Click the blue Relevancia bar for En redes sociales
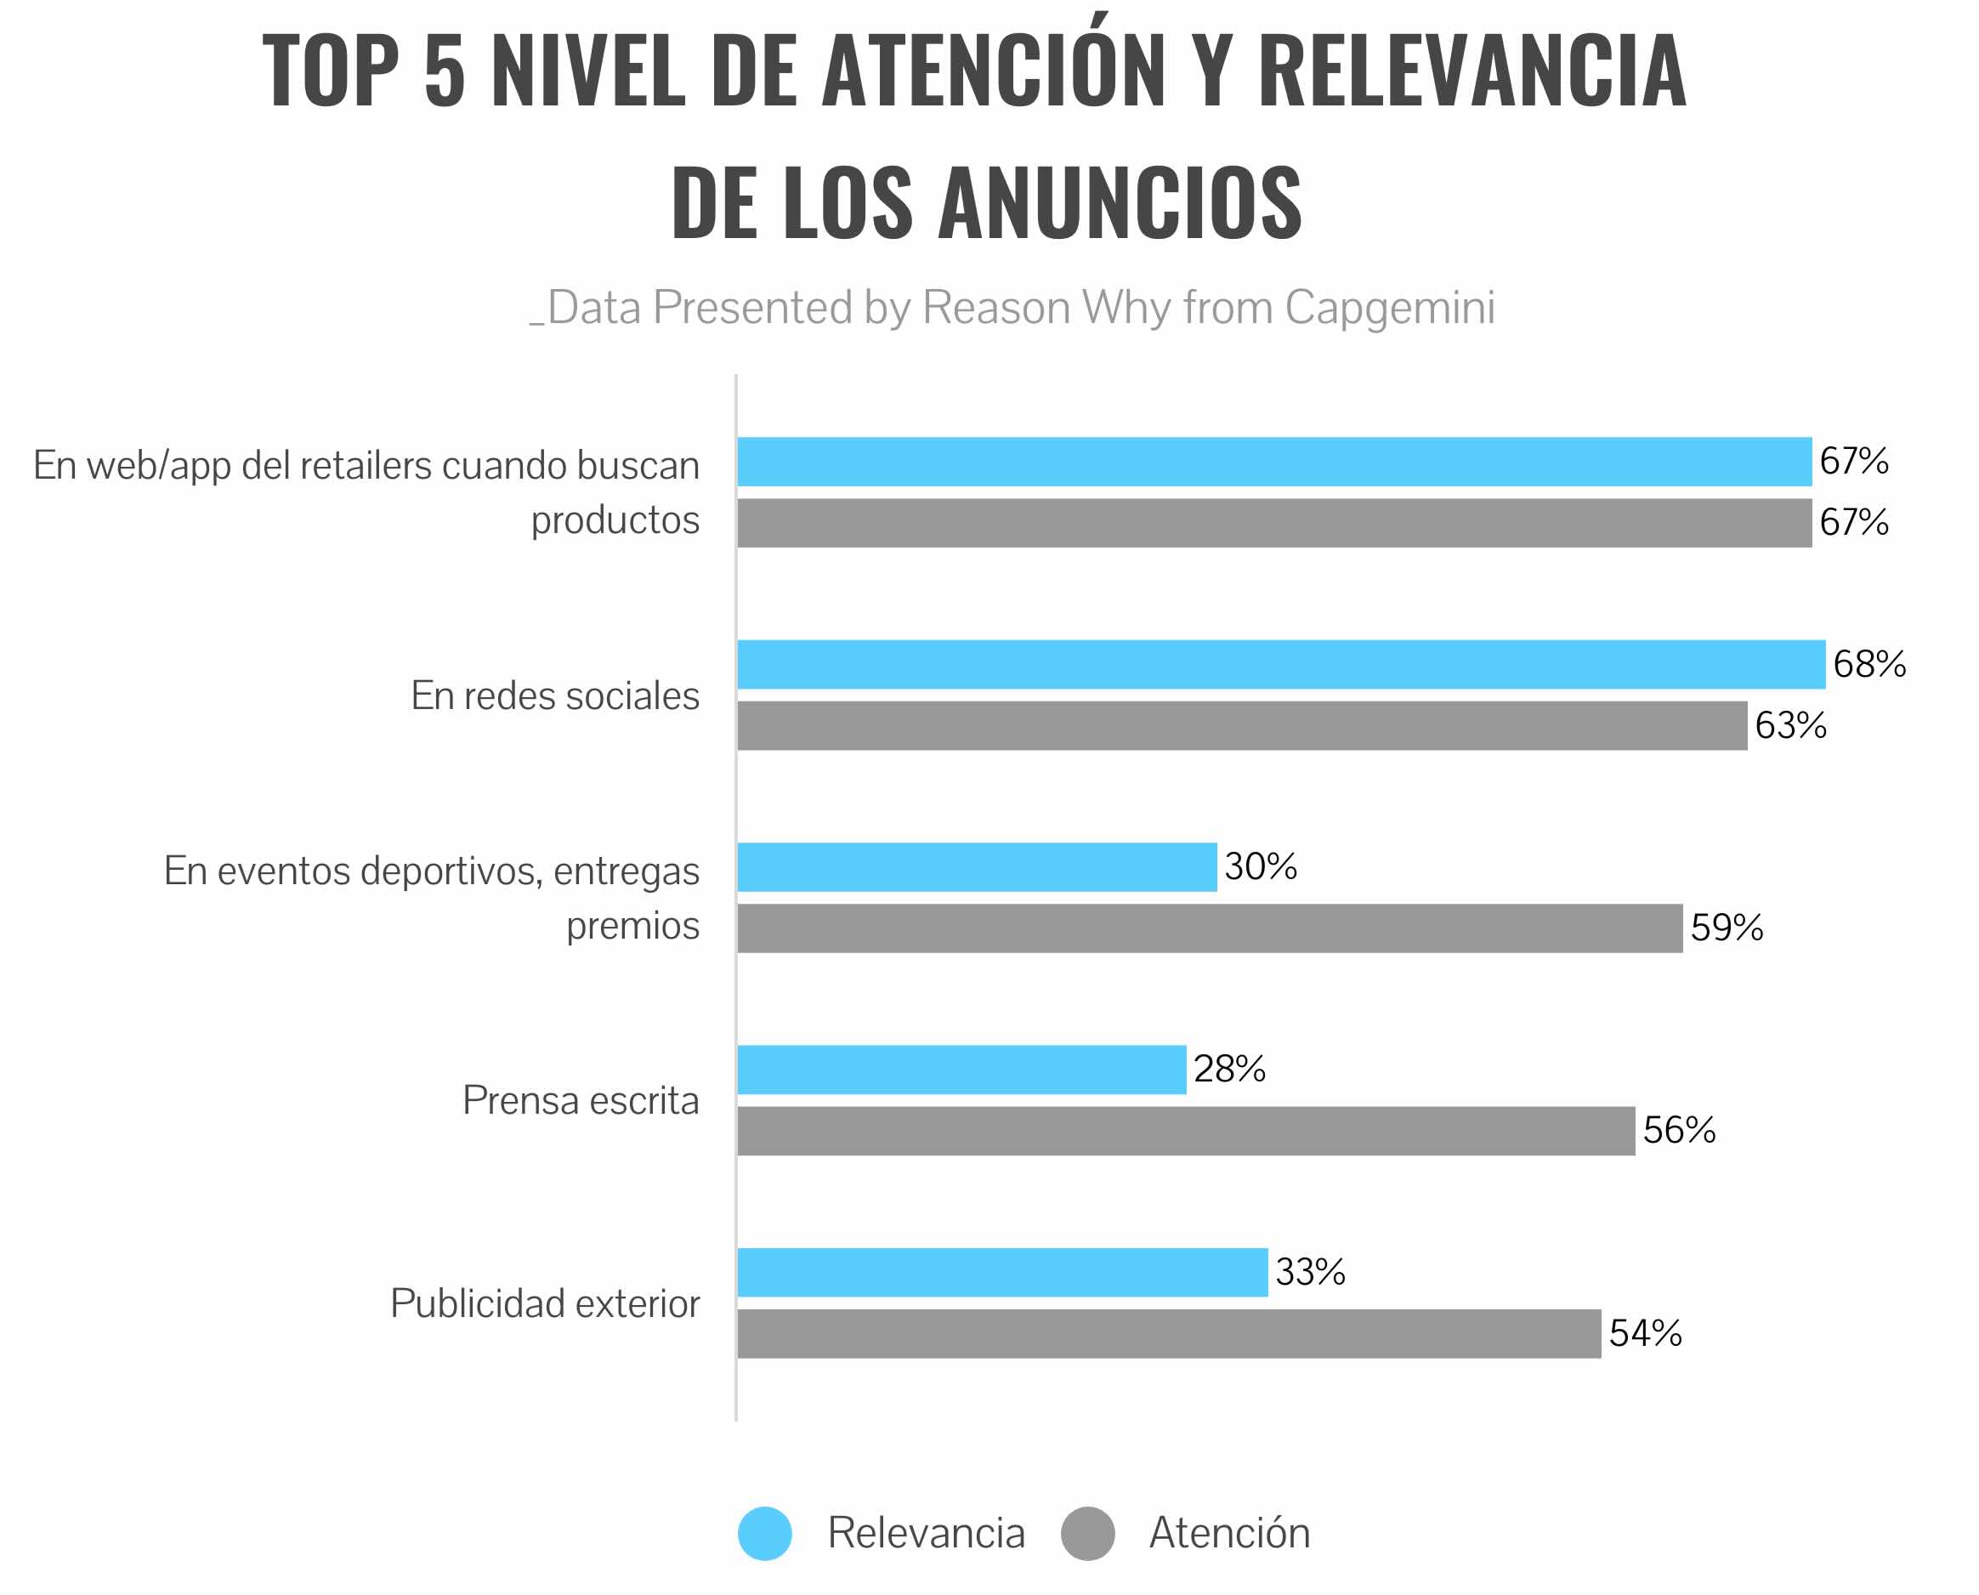tap(1280, 664)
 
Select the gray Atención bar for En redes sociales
tap(1241, 726)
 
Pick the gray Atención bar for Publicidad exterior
tap(1169, 1333)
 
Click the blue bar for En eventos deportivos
tap(977, 866)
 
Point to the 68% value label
tap(1868, 664)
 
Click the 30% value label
tap(1260, 866)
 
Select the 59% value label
tap(1727, 928)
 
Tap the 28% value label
tap(1228, 1070)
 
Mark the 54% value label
tap(1645, 1333)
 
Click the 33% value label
tap(1309, 1273)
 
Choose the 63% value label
tap(1789, 726)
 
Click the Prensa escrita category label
tap(580, 1101)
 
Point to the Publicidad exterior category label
tap(545, 1303)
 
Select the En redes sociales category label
tap(554, 695)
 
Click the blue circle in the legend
tap(764, 1534)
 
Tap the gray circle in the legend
tap(1088, 1534)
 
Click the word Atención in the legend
tap(1229, 1534)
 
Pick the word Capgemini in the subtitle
tap(1389, 307)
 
